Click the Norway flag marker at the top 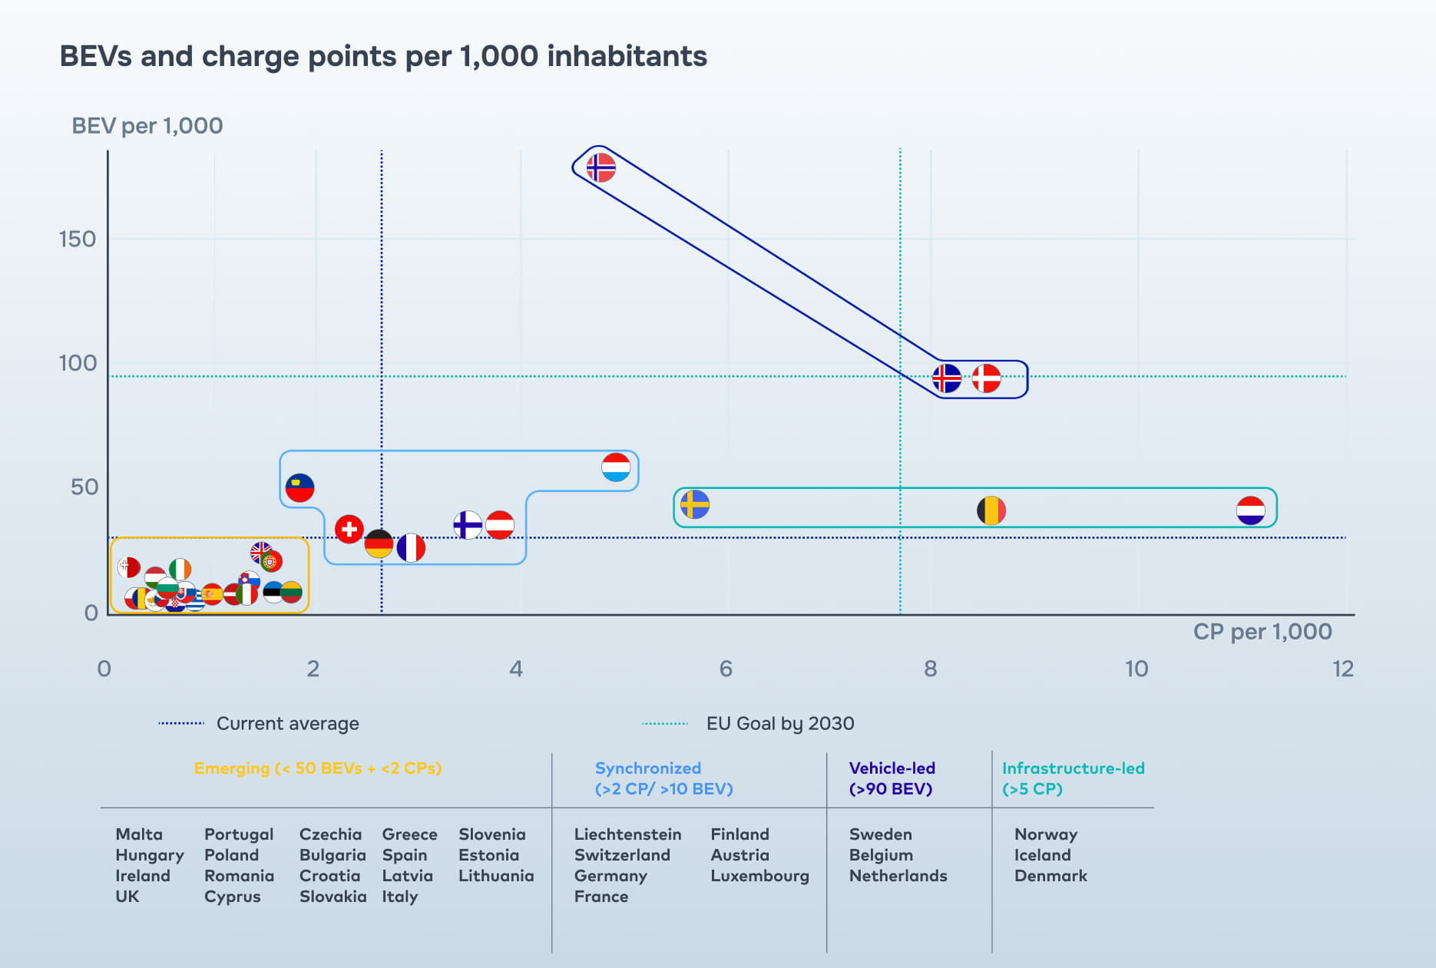click(601, 167)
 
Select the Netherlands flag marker click(1250, 510)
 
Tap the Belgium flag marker click(991, 510)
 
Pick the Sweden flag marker click(695, 504)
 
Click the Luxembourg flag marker click(616, 467)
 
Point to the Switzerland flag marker click(349, 529)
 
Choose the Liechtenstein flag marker click(299, 487)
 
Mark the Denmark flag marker click(986, 378)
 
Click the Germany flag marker click(379, 543)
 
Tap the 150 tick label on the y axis click(78, 239)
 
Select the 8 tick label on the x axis click(930, 669)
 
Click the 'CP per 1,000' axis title click(1262, 631)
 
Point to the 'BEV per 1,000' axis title click(147, 125)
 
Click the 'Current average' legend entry click(287, 723)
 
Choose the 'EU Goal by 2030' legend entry click(779, 723)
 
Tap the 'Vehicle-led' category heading click(892, 768)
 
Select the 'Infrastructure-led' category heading click(1073, 768)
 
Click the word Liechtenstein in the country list click(627, 834)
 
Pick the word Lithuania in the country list click(495, 875)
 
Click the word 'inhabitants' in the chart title click(627, 56)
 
